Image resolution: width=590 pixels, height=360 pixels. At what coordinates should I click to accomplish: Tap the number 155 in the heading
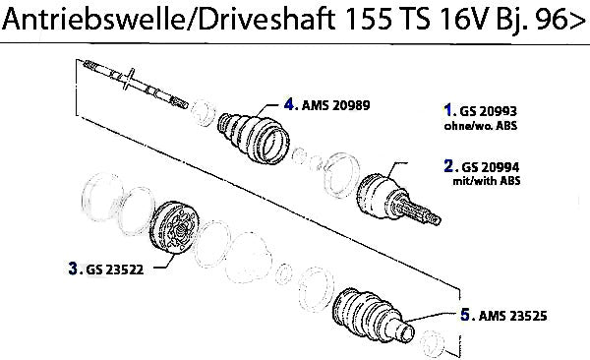pos(367,19)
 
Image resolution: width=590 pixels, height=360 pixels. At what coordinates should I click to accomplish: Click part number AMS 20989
pos(336,105)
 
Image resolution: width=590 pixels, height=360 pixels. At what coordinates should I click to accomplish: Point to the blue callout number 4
pos(289,104)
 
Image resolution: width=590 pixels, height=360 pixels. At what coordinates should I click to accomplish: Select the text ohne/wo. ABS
pos(481,125)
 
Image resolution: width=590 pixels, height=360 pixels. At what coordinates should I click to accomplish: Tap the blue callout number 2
pos(448,165)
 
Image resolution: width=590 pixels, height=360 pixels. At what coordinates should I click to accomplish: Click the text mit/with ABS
pos(487,181)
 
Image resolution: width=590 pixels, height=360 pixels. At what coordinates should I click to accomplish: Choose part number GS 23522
pos(115,270)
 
